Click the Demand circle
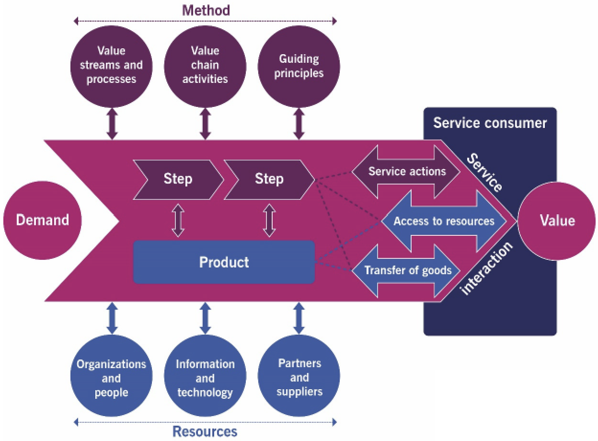tap(43, 220)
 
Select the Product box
tap(224, 262)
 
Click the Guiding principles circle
tap(299, 66)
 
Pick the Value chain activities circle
tap(205, 65)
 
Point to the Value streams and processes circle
tap(111, 65)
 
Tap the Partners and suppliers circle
tap(299, 378)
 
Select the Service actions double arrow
tap(407, 172)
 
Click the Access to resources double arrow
tap(444, 221)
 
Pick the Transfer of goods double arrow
tap(407, 270)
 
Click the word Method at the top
tap(206, 10)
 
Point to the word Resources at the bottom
tap(205, 431)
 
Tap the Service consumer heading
tap(490, 123)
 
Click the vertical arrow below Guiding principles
tap(299, 124)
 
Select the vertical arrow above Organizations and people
tap(111, 318)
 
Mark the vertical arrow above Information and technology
tap(205, 318)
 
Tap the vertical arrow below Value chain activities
tap(205, 124)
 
